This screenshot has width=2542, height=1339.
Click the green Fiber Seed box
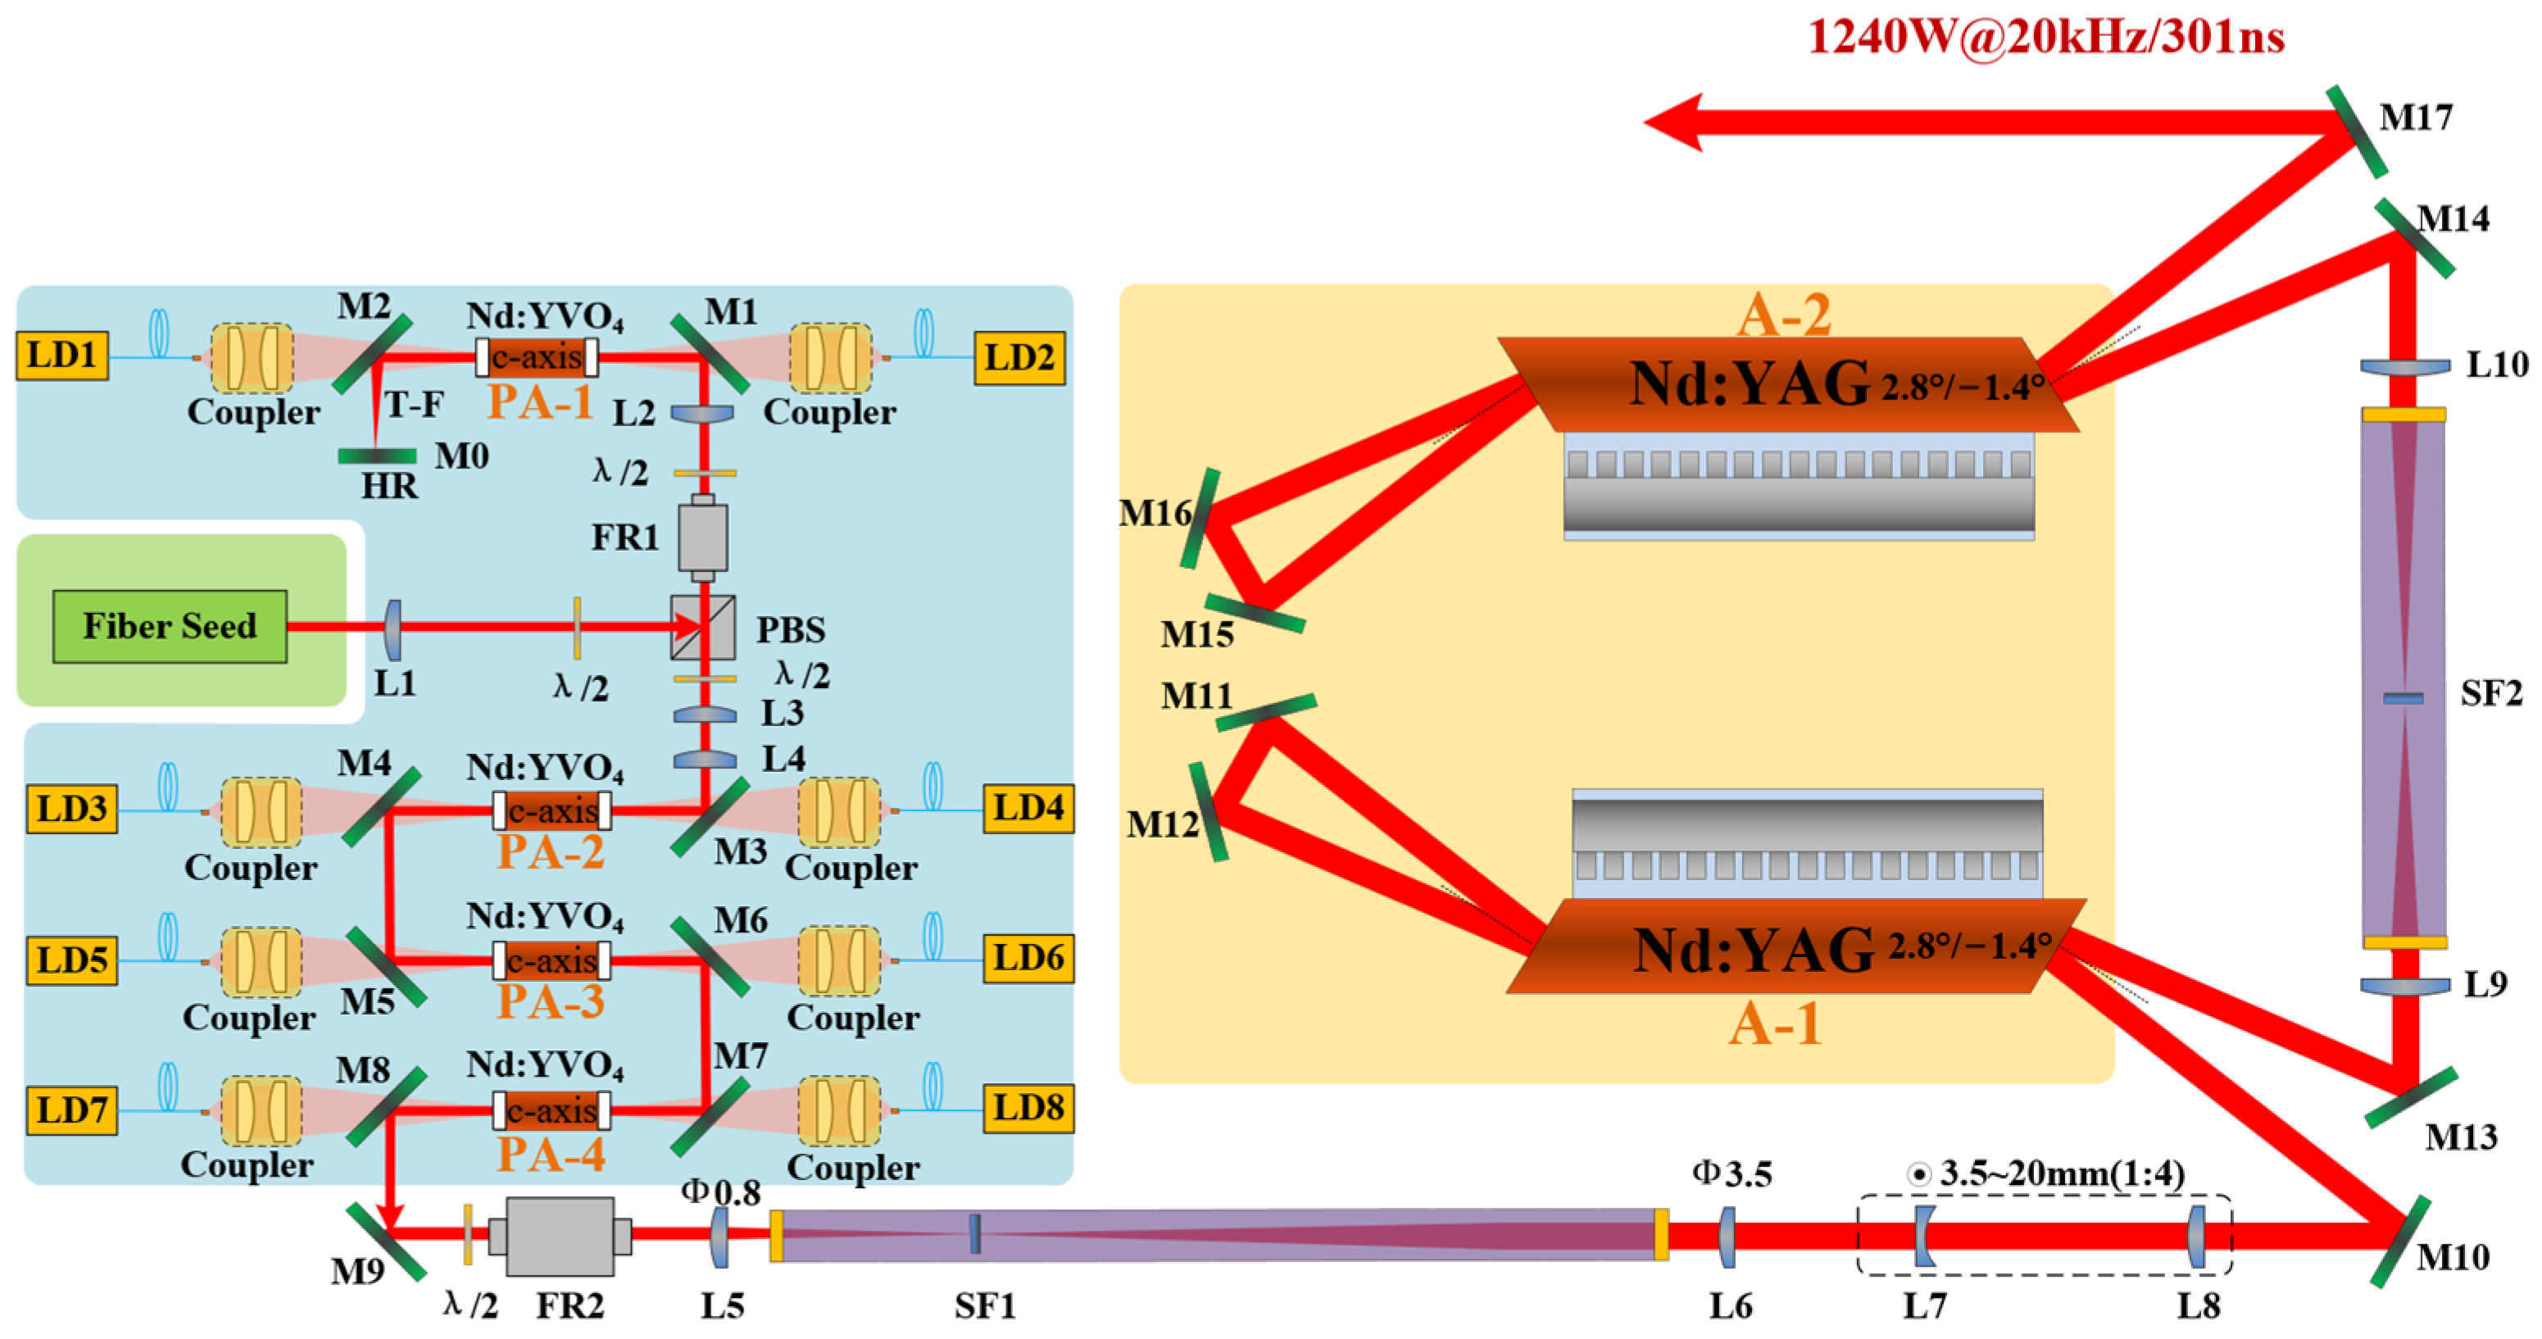coord(170,625)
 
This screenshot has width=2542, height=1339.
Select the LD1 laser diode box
coord(61,355)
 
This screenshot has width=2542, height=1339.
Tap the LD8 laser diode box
coord(1028,1107)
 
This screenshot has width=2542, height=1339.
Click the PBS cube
coord(702,627)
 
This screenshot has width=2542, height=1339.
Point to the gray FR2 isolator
coord(560,1236)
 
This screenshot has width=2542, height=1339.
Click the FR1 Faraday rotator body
coord(702,537)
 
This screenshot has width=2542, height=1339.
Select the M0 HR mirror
coord(377,456)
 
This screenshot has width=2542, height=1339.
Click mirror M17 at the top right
coord(2357,132)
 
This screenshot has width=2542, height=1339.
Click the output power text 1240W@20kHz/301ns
coord(2045,38)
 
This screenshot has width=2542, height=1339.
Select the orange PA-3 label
coord(551,1001)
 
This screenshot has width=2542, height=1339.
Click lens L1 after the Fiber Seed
coord(393,629)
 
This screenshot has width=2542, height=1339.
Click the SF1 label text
coord(984,1305)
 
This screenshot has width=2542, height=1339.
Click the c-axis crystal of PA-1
coord(537,356)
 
